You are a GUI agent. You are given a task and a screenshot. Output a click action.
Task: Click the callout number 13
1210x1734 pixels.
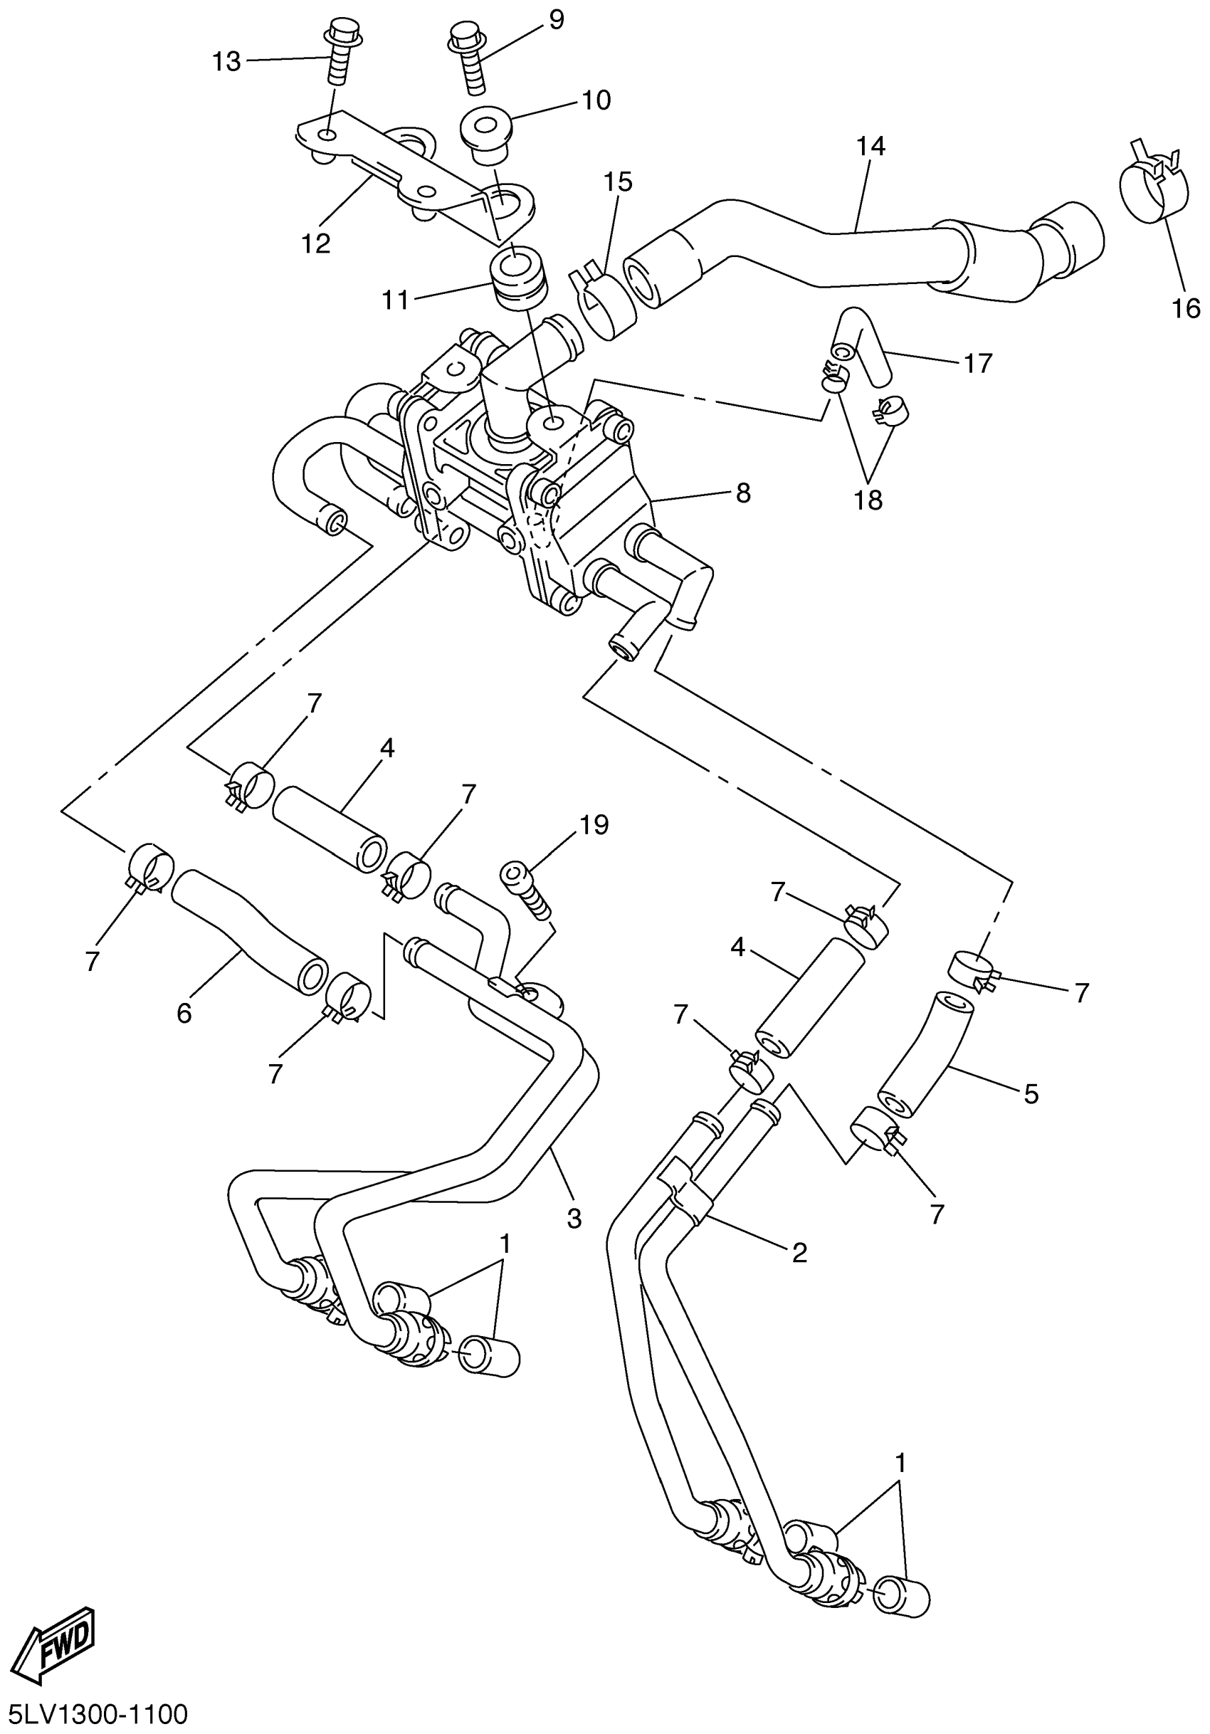tap(226, 61)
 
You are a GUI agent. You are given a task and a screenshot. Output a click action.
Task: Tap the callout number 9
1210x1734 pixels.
tap(556, 21)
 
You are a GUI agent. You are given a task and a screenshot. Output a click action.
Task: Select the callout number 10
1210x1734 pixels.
tap(596, 100)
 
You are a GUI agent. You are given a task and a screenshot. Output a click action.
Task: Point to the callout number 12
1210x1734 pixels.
tap(317, 243)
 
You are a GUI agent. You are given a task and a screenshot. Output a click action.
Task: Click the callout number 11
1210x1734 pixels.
tap(396, 300)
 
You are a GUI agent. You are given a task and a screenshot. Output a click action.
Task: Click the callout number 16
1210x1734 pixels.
tap(1187, 308)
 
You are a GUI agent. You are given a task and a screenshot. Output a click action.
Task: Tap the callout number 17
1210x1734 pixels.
tap(977, 364)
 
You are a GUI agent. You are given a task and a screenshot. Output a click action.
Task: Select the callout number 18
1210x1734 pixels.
tap(868, 499)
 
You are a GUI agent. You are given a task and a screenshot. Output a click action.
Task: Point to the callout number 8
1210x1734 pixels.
tap(743, 494)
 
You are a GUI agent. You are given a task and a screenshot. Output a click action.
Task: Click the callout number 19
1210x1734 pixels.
tap(594, 825)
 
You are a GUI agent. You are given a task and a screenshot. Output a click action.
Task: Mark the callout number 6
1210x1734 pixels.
tap(184, 1014)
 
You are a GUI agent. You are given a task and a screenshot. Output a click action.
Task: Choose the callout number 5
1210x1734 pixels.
tap(1031, 1093)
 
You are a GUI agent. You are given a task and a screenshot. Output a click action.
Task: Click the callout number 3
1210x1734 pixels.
tap(574, 1218)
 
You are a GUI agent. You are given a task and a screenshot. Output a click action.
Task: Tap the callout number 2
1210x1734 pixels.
tap(799, 1253)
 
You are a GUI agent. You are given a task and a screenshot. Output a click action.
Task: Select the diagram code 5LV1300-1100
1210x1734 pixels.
tap(95, 1713)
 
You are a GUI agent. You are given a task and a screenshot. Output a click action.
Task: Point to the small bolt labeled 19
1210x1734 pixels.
tap(527, 892)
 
